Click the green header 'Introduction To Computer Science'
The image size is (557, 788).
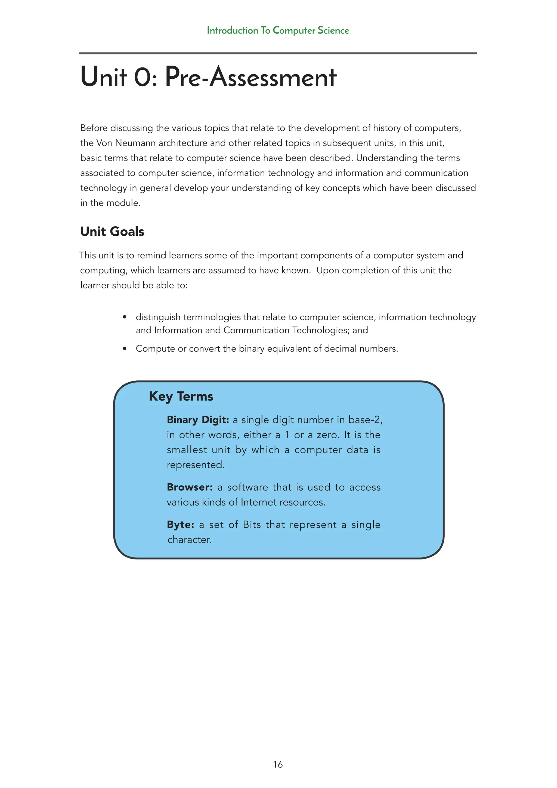click(x=278, y=30)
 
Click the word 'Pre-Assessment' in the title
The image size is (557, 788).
click(x=250, y=77)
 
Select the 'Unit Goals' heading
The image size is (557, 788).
click(x=112, y=231)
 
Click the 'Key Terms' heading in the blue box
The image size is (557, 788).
click(x=181, y=396)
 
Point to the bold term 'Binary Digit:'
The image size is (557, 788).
click(x=197, y=420)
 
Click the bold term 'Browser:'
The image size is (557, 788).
click(x=190, y=487)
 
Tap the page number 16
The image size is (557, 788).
click(x=278, y=764)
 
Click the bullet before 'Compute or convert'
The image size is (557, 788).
click(x=125, y=349)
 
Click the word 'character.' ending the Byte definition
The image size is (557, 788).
click(x=189, y=540)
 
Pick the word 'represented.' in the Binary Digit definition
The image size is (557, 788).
click(x=196, y=465)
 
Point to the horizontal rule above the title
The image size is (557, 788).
click(x=278, y=53)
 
